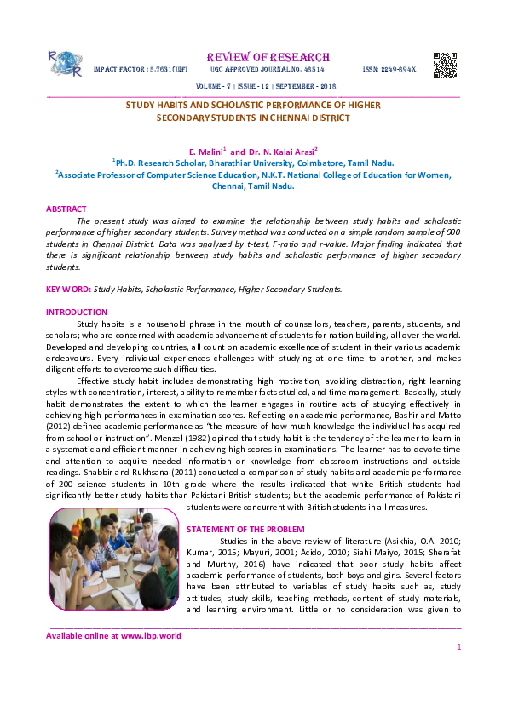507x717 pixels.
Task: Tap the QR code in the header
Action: pyautogui.click(x=445, y=65)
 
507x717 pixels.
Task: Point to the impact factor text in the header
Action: pyautogui.click(x=141, y=68)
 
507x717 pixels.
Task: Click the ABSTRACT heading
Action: pyautogui.click(x=66, y=209)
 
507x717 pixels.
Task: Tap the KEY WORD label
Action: pyautogui.click(x=68, y=290)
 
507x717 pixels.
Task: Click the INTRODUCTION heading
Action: pyautogui.click(x=77, y=313)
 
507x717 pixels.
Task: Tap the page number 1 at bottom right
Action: pyautogui.click(x=458, y=647)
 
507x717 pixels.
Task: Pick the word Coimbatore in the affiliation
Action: pyautogui.click(x=320, y=161)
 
